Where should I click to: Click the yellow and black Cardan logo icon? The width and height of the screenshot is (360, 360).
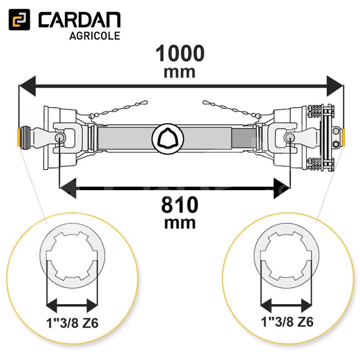(x=19, y=19)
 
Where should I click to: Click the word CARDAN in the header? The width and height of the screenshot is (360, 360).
(x=80, y=20)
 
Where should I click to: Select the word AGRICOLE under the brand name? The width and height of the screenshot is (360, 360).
(x=94, y=36)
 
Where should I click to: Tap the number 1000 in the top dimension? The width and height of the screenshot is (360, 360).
(x=180, y=53)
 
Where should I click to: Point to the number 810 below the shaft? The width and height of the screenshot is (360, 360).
(x=180, y=205)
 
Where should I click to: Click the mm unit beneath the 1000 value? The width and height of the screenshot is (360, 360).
(x=180, y=72)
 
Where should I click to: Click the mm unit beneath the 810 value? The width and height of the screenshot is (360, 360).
(x=180, y=223)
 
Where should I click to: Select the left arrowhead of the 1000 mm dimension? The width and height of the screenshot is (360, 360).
(x=27, y=86)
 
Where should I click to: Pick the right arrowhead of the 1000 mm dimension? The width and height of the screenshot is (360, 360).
(x=335, y=86)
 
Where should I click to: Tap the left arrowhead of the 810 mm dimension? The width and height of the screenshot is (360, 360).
(x=68, y=188)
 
